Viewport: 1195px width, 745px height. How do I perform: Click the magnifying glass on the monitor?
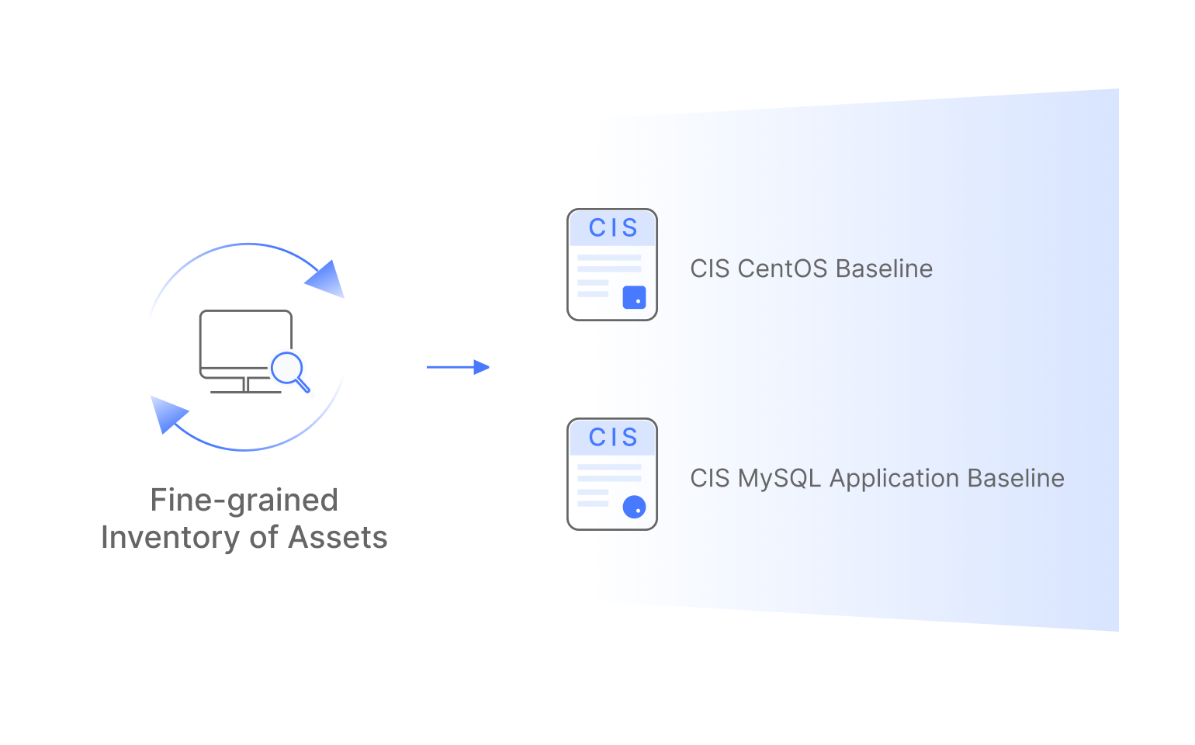pyautogui.click(x=288, y=369)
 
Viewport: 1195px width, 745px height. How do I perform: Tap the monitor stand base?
pyautogui.click(x=245, y=391)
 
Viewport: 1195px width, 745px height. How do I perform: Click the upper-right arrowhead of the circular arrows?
pyautogui.click(x=327, y=279)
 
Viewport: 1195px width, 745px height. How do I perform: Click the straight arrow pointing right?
pyautogui.click(x=458, y=367)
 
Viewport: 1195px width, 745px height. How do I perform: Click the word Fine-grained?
pyautogui.click(x=244, y=501)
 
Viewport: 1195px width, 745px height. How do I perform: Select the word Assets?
pyautogui.click(x=338, y=538)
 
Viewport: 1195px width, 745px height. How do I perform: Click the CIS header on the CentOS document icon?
pyautogui.click(x=612, y=228)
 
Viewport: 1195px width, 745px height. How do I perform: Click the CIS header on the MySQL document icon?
pyautogui.click(x=612, y=438)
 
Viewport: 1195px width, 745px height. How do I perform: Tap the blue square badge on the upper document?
pyautogui.click(x=634, y=297)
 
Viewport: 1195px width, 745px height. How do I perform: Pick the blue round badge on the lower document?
pyautogui.click(x=634, y=507)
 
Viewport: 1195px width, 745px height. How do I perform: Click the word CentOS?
pyautogui.click(x=782, y=269)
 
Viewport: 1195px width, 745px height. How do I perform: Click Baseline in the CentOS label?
pyautogui.click(x=885, y=269)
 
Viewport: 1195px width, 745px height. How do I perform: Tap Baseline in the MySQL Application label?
pyautogui.click(x=1016, y=478)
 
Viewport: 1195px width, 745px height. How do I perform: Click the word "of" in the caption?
pyautogui.click(x=265, y=538)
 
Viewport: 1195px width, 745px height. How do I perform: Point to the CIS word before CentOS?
pyautogui.click(x=710, y=269)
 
